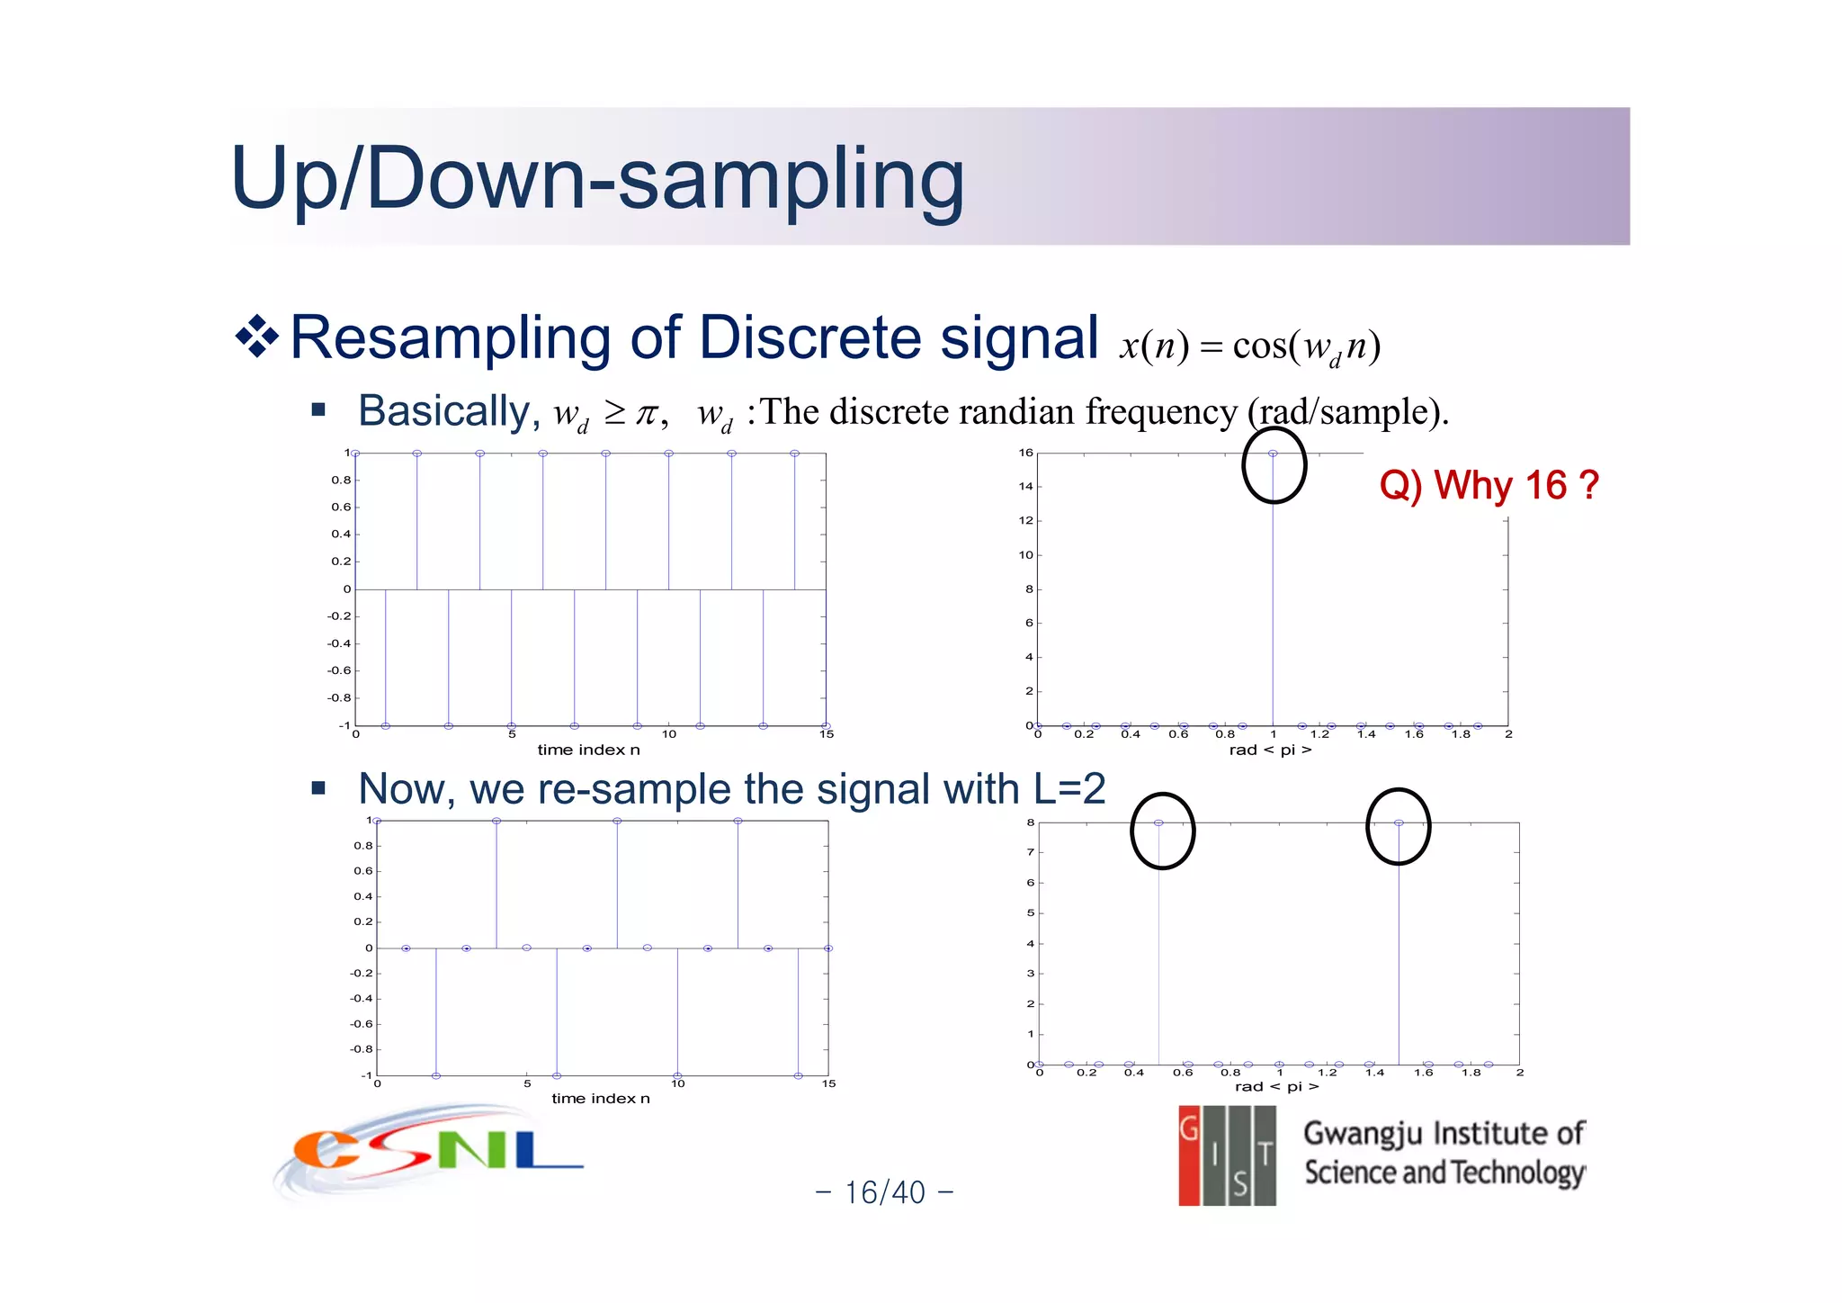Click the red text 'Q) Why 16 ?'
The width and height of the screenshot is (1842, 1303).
click(x=1489, y=485)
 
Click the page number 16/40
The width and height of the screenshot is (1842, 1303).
click(x=884, y=1192)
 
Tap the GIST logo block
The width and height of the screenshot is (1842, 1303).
click(x=1227, y=1155)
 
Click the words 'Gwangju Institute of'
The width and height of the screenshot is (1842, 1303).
click(x=1443, y=1133)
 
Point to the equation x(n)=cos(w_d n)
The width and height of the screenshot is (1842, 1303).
click(x=1249, y=346)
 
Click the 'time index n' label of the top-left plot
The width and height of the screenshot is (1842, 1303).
click(x=588, y=750)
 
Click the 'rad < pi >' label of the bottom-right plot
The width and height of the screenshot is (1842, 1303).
click(x=1276, y=1086)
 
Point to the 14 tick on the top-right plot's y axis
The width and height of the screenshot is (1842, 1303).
click(x=1025, y=487)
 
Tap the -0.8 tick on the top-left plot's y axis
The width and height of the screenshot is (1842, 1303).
click(x=339, y=698)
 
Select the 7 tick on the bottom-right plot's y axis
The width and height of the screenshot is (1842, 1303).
click(x=1031, y=852)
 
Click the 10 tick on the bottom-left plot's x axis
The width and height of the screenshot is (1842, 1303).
click(x=677, y=1083)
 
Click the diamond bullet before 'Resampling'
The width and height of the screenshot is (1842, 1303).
click(x=257, y=337)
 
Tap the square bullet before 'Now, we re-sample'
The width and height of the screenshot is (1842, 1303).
click(x=317, y=789)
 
